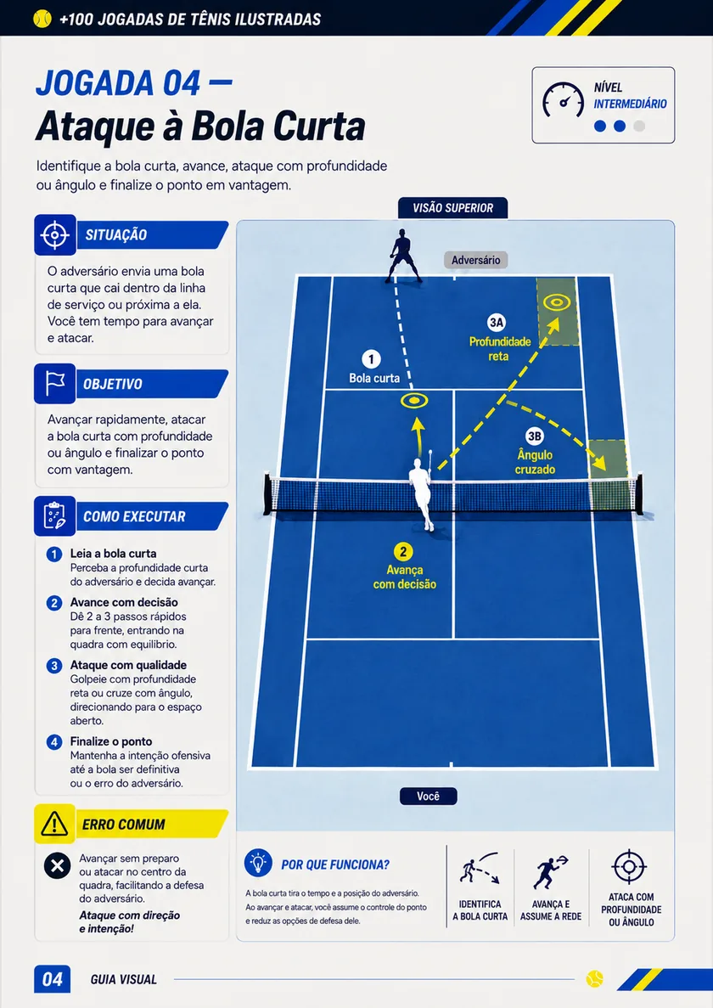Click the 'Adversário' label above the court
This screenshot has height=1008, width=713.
(475, 260)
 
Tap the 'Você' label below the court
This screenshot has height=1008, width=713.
(428, 796)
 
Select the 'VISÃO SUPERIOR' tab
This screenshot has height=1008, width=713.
(453, 208)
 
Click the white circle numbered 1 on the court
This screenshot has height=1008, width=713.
(371, 358)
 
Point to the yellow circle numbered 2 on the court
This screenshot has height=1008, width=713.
(402, 552)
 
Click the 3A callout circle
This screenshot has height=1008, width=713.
(496, 323)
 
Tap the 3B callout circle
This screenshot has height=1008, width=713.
(534, 436)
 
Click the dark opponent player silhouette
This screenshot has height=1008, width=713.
(402, 256)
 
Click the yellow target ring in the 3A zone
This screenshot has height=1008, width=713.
(556, 302)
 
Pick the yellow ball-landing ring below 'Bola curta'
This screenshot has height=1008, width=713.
(414, 401)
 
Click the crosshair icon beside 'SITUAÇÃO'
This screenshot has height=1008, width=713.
(55, 235)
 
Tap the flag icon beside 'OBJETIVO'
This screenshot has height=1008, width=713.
(55, 384)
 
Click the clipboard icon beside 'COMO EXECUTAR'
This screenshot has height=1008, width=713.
(55, 516)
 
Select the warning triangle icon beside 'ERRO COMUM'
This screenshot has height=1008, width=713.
(54, 824)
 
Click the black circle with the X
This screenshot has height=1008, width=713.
(57, 865)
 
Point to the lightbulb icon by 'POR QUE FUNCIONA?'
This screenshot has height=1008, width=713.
(258, 862)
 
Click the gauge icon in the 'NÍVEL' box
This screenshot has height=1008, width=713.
(563, 100)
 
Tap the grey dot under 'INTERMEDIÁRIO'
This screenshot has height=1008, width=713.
(639, 126)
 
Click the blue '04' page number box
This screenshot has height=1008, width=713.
(52, 979)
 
